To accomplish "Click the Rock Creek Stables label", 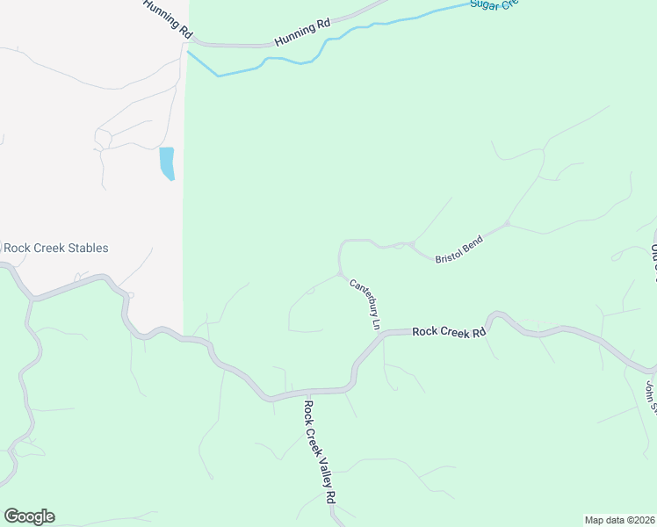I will pyautogui.click(x=56, y=249).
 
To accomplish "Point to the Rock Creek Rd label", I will pyautogui.click(x=449, y=332).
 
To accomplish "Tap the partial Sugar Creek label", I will pyautogui.click(x=495, y=4).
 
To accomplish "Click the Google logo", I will pyautogui.click(x=29, y=516).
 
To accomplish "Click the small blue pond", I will pyautogui.click(x=166, y=163).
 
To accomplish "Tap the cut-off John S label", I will pyautogui.click(x=651, y=394).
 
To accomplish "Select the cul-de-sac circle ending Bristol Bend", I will pyautogui.click(x=507, y=224).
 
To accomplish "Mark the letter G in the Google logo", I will pyautogui.click(x=11, y=516).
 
